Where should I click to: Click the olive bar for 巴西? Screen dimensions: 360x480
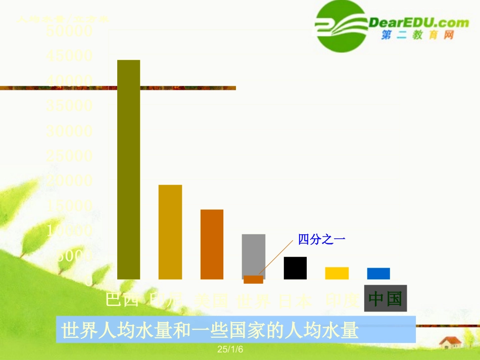128,169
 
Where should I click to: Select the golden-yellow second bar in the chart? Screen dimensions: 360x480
170,232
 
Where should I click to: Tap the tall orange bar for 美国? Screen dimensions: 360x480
212,244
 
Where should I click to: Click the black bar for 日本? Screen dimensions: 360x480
295,268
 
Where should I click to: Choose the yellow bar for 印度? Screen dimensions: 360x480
337,273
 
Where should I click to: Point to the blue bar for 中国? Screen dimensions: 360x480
378,273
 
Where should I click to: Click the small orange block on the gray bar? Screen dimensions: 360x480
253,279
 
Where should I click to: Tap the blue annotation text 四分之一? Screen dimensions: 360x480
321,240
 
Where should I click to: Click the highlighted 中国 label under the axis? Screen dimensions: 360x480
385,298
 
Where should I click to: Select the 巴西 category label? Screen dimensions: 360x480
122,300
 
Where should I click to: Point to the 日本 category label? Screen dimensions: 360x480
295,301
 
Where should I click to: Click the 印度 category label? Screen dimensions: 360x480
342,300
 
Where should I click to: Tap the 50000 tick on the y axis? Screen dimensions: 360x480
69,31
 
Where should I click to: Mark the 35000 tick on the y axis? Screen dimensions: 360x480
69,106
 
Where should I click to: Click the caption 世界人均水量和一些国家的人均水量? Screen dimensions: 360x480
210,331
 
